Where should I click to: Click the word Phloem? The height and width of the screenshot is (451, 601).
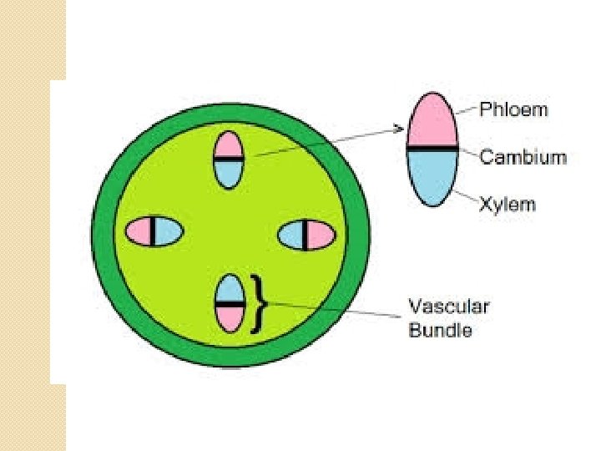click(x=514, y=109)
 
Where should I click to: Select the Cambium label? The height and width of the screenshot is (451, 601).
click(x=523, y=157)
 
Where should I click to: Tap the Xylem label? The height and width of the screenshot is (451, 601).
click(x=508, y=205)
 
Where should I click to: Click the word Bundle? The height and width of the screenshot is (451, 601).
click(x=440, y=330)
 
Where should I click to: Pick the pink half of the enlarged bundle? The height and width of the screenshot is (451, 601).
click(x=432, y=122)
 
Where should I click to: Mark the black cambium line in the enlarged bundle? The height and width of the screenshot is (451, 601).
click(x=432, y=148)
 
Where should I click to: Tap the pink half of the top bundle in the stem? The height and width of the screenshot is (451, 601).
click(x=228, y=144)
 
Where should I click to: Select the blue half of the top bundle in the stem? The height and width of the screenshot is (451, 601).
click(x=228, y=172)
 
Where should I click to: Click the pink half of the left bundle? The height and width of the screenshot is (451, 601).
click(x=139, y=231)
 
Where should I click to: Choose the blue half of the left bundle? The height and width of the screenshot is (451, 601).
click(x=167, y=231)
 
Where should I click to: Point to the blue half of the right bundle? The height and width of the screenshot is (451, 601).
click(x=291, y=236)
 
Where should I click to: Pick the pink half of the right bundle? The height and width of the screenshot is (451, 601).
click(x=320, y=236)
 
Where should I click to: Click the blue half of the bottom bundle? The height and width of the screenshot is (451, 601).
click(x=229, y=289)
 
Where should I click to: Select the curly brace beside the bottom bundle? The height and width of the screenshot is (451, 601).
click(x=259, y=303)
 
